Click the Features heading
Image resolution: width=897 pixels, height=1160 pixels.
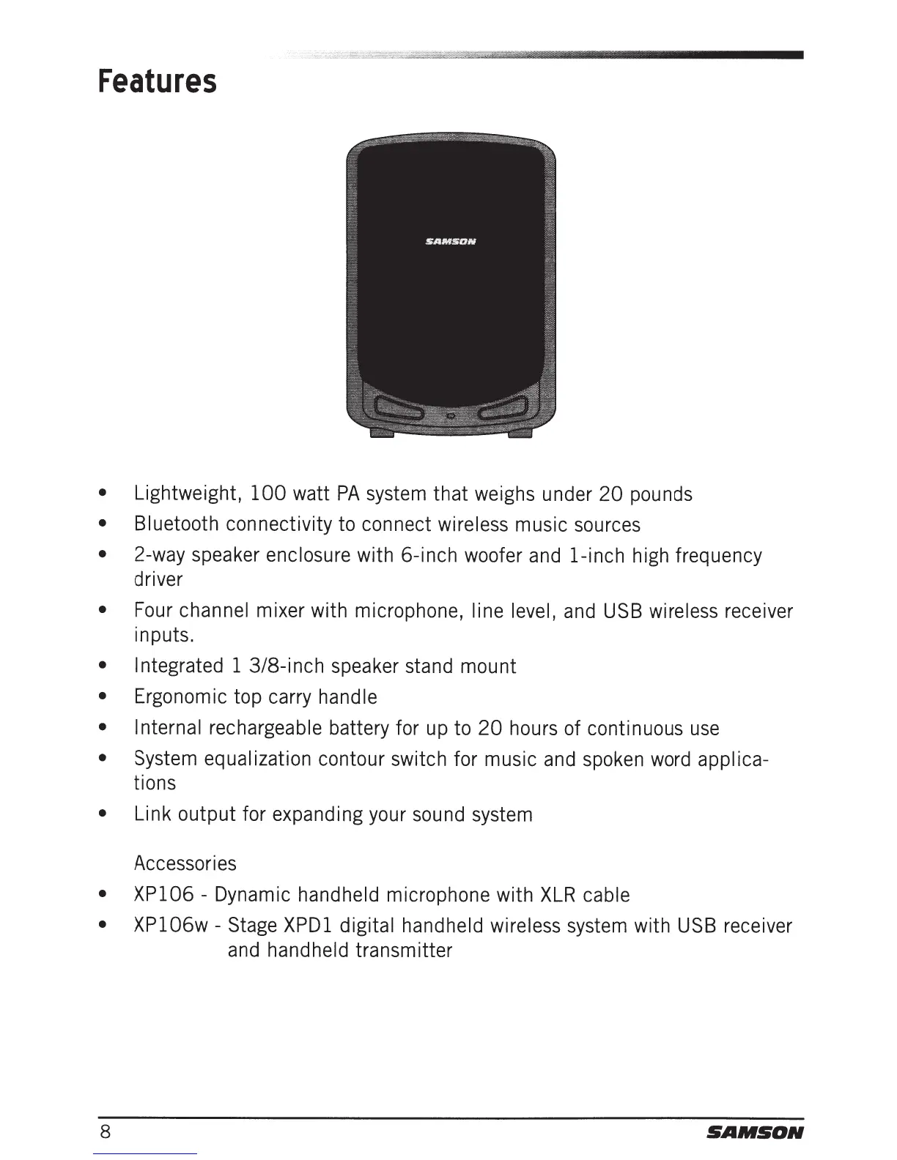tap(158, 81)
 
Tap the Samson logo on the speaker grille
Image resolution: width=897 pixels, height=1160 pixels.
tap(451, 241)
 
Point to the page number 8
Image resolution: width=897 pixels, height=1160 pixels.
tap(106, 1132)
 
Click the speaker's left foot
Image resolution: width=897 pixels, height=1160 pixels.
tap(382, 435)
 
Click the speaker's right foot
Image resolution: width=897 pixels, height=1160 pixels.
tap(520, 435)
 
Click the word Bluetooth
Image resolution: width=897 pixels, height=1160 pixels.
tap(176, 524)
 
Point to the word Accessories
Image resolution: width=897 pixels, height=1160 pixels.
tap(185, 863)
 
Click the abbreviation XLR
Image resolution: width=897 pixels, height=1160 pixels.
tap(558, 895)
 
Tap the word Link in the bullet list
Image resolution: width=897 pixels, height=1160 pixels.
tap(152, 814)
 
